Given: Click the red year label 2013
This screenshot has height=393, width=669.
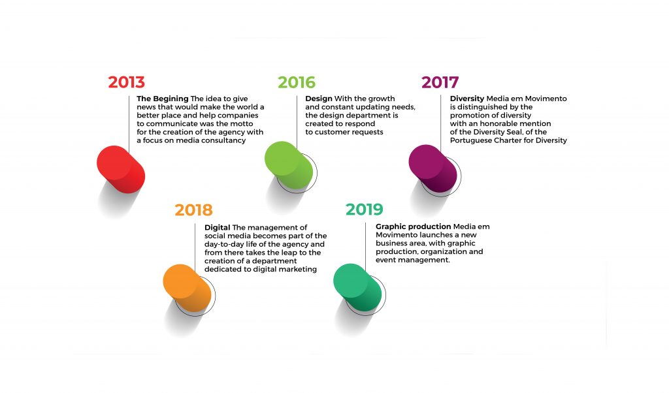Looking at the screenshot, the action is click(126, 82).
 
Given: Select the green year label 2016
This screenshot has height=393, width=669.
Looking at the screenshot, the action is click(297, 82).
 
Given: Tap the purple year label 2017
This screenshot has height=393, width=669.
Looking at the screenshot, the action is click(440, 82).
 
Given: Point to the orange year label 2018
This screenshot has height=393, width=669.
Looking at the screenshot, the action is click(193, 210).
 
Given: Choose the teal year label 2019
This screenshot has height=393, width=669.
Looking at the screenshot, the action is click(365, 210).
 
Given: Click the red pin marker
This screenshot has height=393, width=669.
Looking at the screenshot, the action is click(121, 169).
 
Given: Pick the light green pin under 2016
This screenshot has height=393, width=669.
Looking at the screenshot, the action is click(289, 165).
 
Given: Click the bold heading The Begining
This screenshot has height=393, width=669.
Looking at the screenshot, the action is click(163, 99).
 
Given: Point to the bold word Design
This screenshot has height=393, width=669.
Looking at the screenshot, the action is click(319, 99).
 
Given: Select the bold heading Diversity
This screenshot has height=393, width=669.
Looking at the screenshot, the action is click(467, 99).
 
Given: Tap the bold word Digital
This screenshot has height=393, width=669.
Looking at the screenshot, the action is click(217, 228).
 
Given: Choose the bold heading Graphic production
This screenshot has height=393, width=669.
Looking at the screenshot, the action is click(414, 227).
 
